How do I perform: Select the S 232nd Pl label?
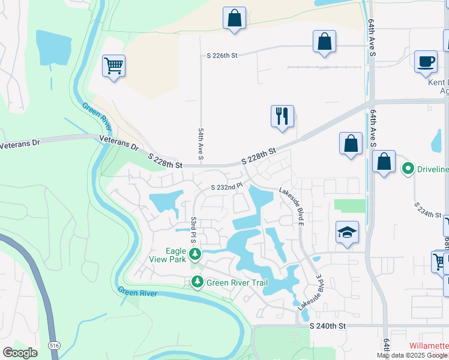point(226,187)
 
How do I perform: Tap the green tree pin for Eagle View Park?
point(194,254)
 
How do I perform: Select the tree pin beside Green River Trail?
point(197,281)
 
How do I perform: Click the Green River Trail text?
point(237,283)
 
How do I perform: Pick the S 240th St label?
point(328,326)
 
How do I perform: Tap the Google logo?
point(20,353)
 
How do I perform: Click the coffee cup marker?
point(426,61)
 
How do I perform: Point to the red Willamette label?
point(429,346)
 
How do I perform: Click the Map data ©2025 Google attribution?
point(412,355)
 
